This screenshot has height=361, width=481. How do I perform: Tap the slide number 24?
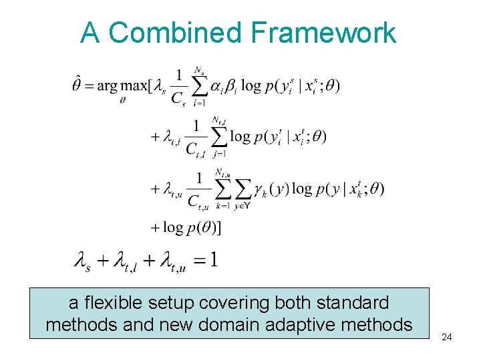pos(447,337)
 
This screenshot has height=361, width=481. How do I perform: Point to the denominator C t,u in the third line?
pos(199,200)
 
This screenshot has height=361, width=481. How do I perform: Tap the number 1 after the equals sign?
pos(212,259)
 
